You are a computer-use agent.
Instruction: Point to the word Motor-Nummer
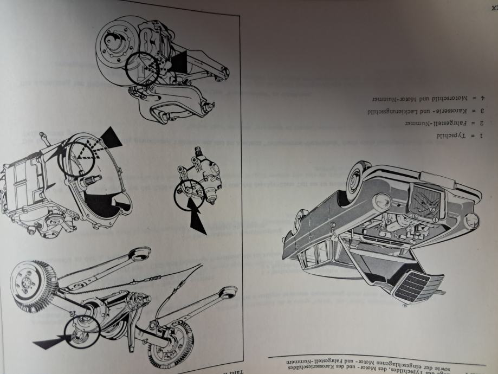tap(389, 101)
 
